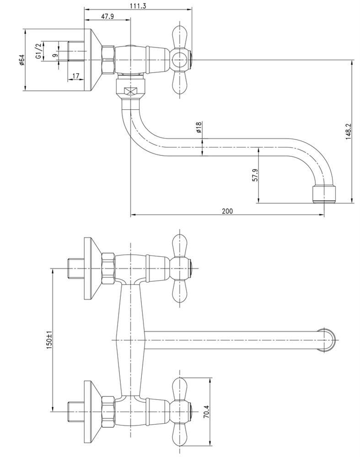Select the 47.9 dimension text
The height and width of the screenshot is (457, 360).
coord(107,16)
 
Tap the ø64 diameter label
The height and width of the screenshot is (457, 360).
coord(21,59)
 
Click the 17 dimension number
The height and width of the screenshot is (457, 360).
coord(76,76)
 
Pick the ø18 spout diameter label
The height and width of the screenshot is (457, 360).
coord(199,128)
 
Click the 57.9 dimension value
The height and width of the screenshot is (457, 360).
coord(255,175)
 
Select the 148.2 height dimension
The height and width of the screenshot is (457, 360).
coord(348,131)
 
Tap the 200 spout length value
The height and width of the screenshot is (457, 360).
coord(227,211)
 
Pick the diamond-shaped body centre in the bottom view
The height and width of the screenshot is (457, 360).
coord(130,340)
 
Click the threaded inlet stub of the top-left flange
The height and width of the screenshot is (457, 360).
coord(76,51)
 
